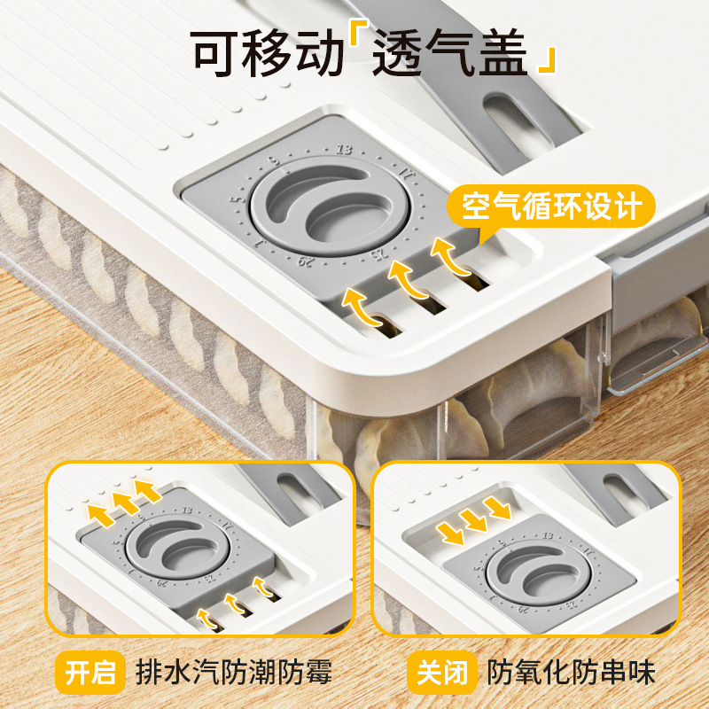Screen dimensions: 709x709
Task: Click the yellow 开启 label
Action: pos(92,672)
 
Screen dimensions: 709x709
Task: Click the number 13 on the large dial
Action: pos(344,149)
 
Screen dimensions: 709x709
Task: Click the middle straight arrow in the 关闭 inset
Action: pos(473,519)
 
